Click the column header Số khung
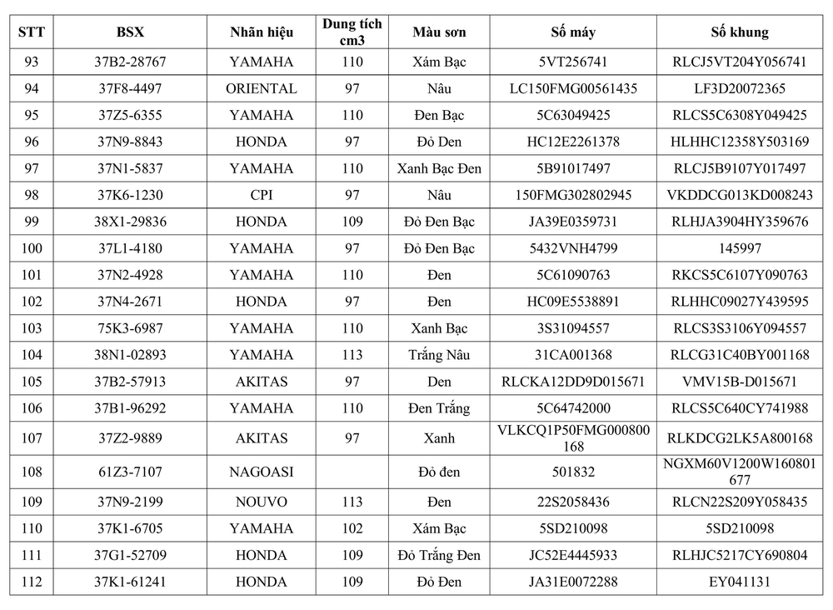coord(740,32)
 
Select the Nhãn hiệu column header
coord(261,32)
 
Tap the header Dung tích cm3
coord(352,32)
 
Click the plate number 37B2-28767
coord(131,62)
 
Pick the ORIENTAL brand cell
coord(261,88)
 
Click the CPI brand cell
coord(261,195)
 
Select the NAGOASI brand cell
coord(261,472)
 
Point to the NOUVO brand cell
coord(261,502)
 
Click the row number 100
coord(32,248)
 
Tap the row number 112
coord(32,582)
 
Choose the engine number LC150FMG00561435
coord(573,88)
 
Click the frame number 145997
coord(740,248)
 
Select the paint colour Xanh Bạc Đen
coord(439,168)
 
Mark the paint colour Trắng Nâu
coord(439,355)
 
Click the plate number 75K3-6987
coord(131,328)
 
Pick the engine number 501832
coord(573,472)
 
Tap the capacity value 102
coord(352,528)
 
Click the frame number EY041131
coord(740,582)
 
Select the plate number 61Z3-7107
coord(131,472)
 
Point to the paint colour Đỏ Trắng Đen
coord(439,555)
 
